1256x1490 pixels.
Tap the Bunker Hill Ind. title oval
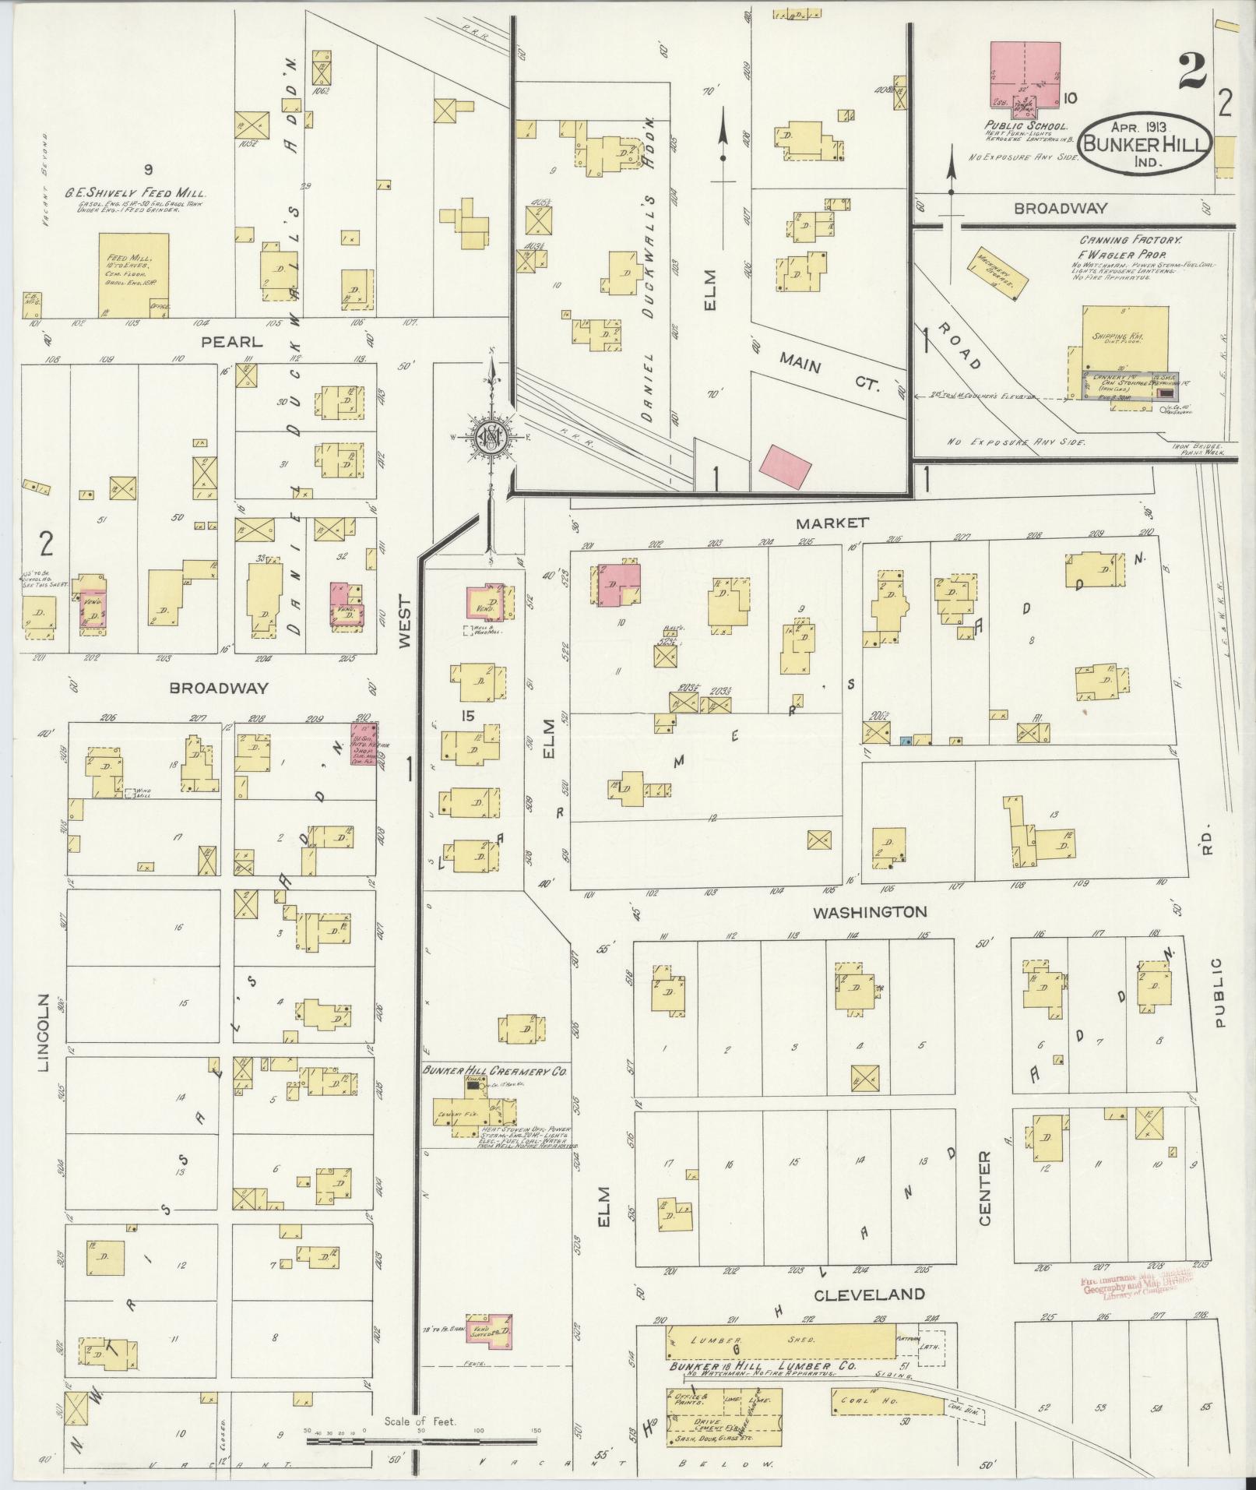pos(1144,144)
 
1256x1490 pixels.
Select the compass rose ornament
pos(492,437)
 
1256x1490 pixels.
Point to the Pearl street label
pos(231,341)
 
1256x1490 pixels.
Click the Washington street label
pos(869,911)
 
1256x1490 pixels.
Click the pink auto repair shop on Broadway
pos(364,746)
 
